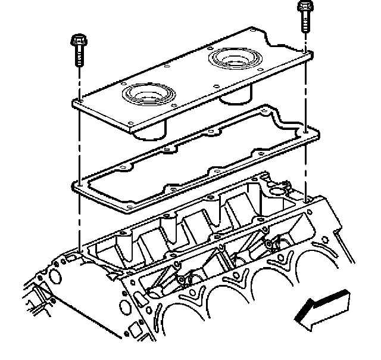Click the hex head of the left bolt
pyautogui.click(x=78, y=42)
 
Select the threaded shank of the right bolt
pyautogui.click(x=304, y=23)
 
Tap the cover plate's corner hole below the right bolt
pyautogui.click(x=304, y=54)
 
